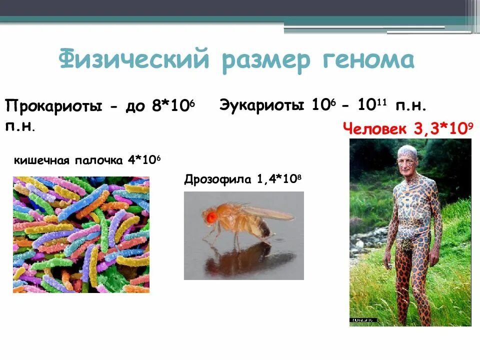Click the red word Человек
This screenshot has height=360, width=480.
coord(375,128)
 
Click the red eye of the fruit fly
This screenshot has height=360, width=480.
coord(210,216)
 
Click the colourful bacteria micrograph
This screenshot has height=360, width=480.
coord(81,234)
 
